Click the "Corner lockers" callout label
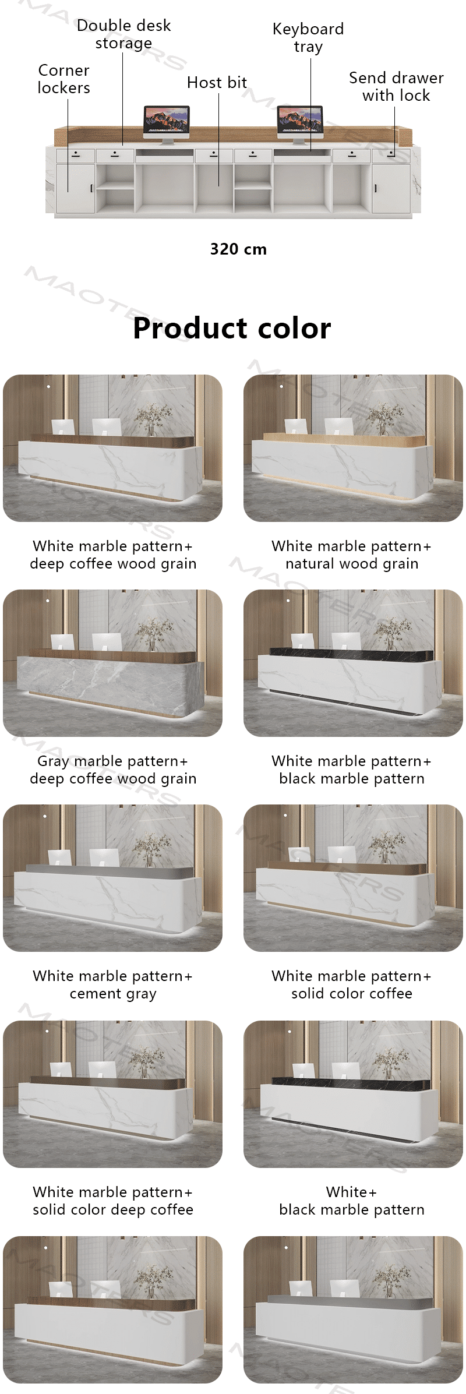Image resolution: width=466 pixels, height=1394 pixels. tap(63, 79)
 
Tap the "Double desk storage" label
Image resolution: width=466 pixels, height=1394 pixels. tap(123, 34)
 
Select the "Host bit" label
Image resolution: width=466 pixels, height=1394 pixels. tap(217, 83)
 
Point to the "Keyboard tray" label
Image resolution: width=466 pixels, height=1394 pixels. tap(308, 38)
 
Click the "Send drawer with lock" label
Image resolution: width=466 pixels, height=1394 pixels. tap(396, 87)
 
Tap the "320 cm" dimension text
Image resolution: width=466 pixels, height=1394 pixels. tap(238, 249)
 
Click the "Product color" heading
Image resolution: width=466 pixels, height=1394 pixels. tap(232, 328)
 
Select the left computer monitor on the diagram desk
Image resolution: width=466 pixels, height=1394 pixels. tap(167, 123)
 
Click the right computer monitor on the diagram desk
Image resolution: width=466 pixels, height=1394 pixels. tap(299, 123)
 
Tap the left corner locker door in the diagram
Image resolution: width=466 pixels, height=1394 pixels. tap(75, 187)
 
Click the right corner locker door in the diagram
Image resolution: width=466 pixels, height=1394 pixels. tap(391, 187)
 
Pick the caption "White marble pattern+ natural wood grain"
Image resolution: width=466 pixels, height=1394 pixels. tap(351, 555)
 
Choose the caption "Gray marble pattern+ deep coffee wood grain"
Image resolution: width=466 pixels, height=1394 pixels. tap(113, 770)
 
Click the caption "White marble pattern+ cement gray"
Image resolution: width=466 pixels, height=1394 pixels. tap(113, 985)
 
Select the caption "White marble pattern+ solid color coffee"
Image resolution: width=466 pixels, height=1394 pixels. tap(351, 985)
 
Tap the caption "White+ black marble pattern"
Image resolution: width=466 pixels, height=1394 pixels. tap(351, 1201)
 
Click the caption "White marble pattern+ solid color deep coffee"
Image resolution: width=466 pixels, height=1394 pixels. tap(113, 1201)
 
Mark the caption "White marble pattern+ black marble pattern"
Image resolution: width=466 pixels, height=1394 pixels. tap(351, 770)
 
